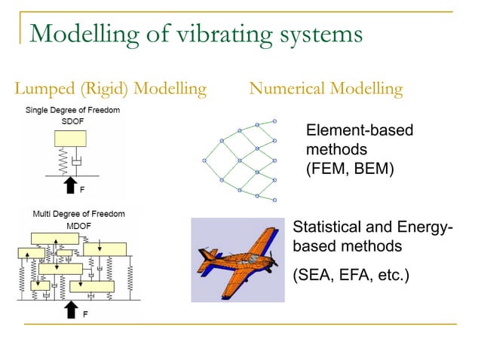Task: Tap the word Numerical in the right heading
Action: coord(286,90)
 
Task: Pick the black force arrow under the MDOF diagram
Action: coord(72,308)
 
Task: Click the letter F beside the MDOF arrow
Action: coord(85,315)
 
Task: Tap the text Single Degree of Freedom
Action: coord(72,111)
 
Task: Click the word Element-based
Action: coord(360,130)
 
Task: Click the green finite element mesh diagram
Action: coord(240,160)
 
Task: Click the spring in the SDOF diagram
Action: coord(63,160)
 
